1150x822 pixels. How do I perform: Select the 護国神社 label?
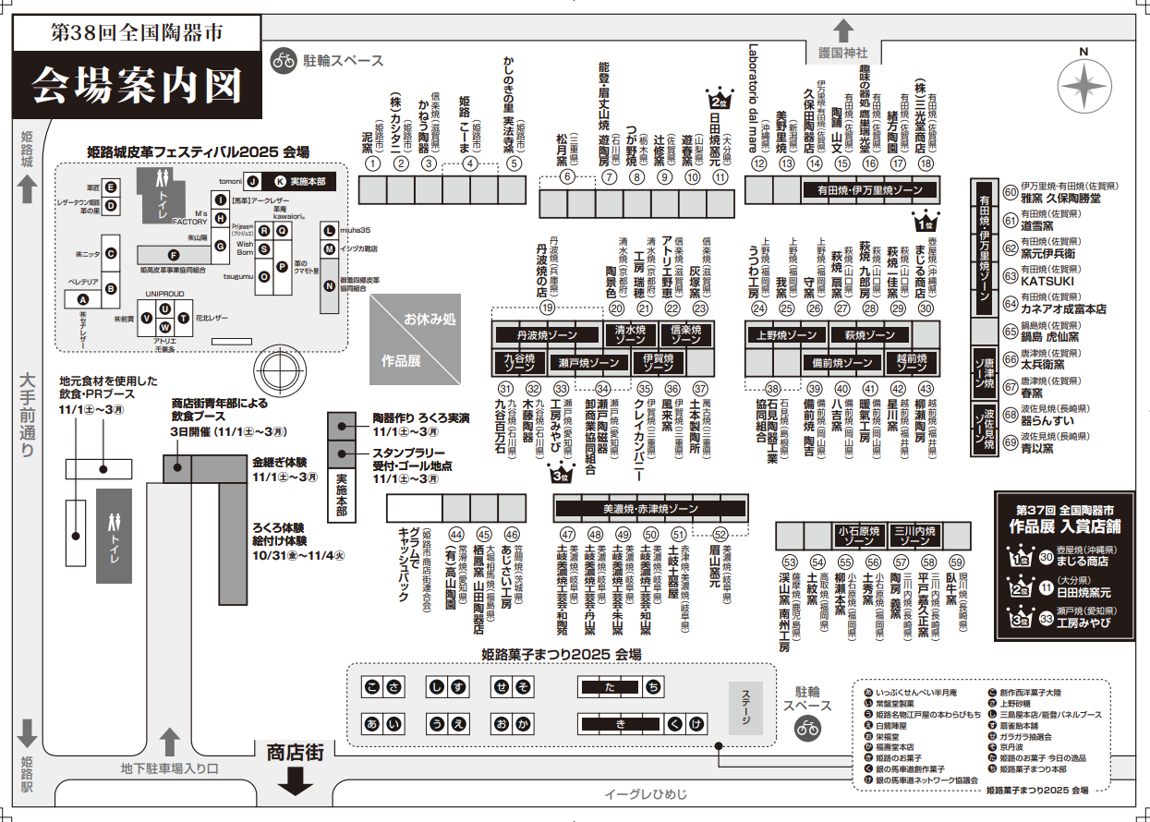click(844, 53)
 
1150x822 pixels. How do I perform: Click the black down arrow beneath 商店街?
click(296, 783)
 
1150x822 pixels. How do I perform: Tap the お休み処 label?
click(430, 320)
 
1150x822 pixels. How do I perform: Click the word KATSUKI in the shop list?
click(1047, 279)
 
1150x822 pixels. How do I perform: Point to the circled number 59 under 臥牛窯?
click(957, 562)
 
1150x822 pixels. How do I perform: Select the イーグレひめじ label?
click(646, 794)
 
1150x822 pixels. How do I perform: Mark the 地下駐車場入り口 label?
click(169, 768)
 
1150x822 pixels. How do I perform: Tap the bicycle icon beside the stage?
click(807, 728)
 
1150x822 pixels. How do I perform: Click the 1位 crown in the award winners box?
click(1021, 556)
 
